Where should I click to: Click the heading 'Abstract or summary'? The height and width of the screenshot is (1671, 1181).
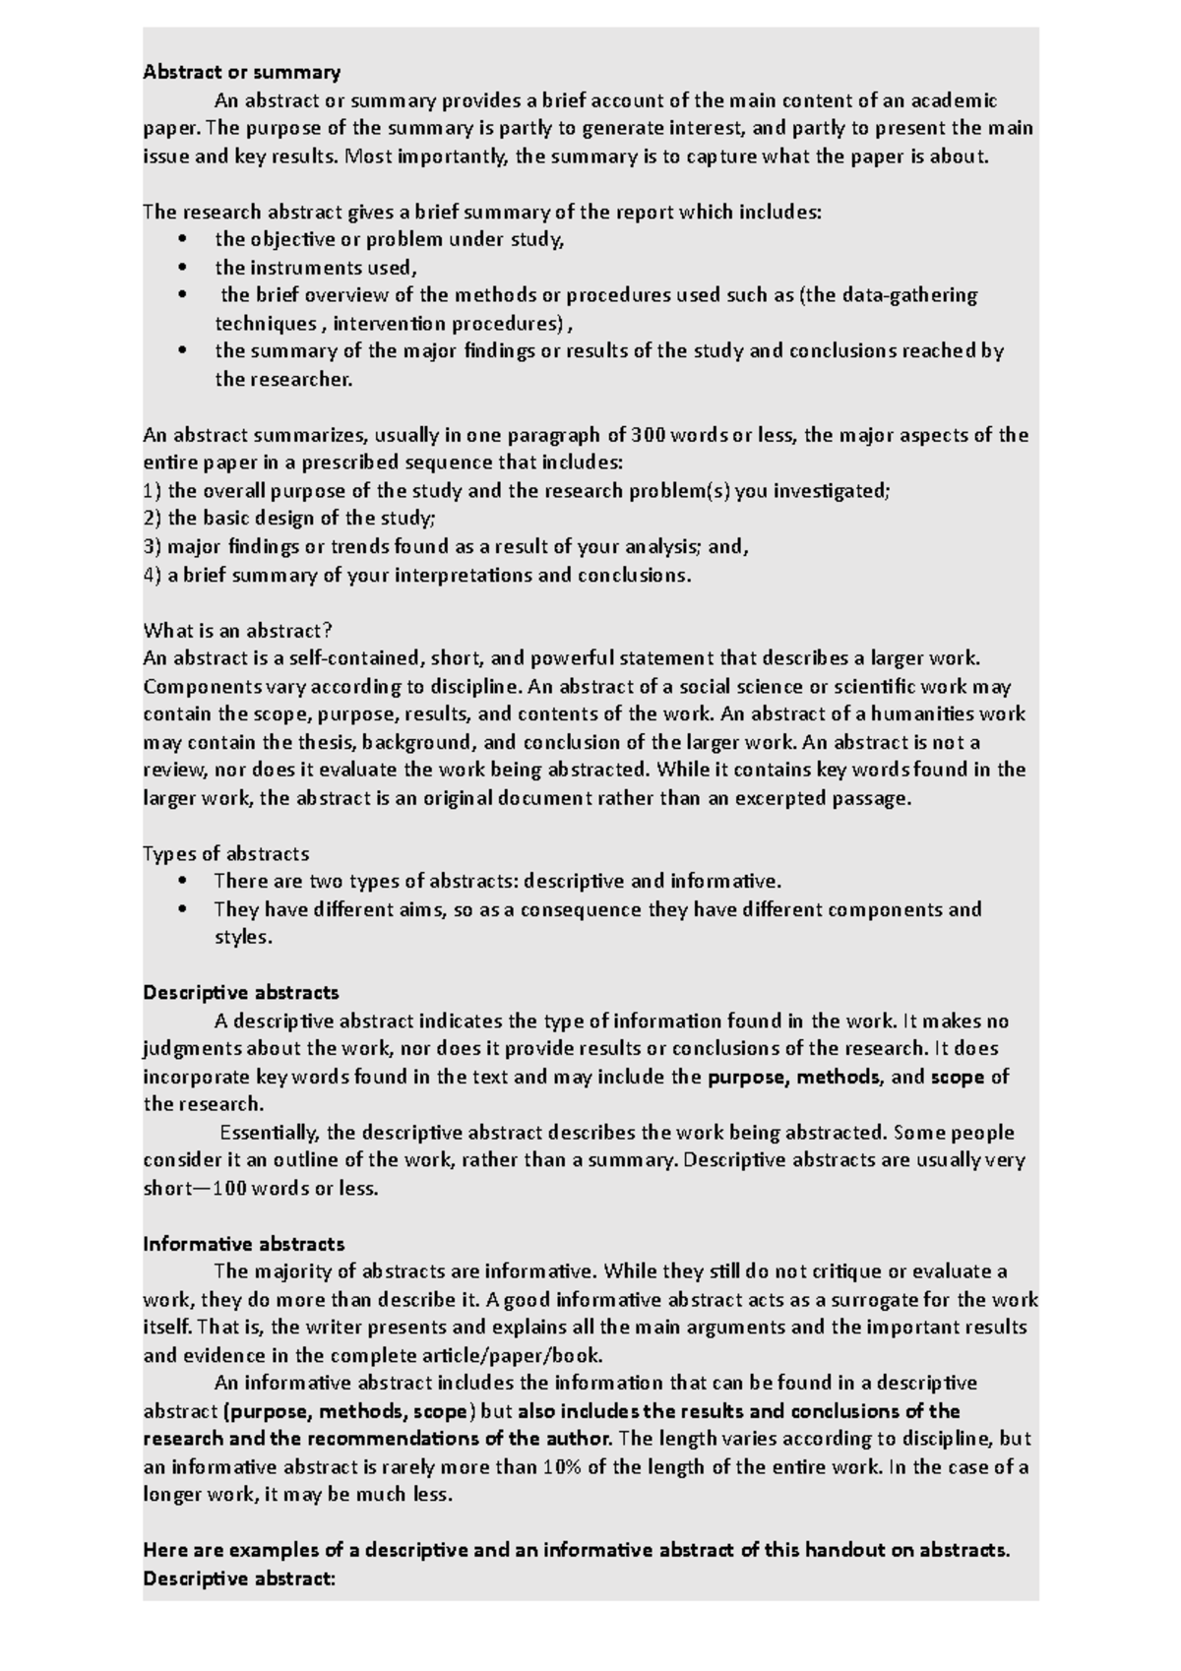(241, 72)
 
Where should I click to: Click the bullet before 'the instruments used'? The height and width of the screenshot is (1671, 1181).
(181, 268)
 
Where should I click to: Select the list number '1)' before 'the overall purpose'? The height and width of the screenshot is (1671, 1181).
(153, 491)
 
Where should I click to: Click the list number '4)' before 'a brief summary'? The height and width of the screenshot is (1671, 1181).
(153, 576)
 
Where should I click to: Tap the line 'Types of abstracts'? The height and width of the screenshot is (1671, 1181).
(226, 853)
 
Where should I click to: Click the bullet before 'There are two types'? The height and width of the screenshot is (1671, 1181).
(181, 882)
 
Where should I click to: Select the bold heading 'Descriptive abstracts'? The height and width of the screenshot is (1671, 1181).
(241, 992)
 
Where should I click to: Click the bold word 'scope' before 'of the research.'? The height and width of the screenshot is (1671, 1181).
(958, 1077)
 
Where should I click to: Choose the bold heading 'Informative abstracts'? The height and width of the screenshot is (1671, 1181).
(244, 1244)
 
